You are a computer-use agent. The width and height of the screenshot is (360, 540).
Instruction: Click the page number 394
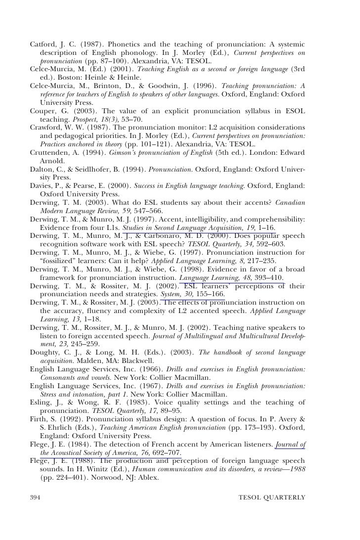(x=36, y=496)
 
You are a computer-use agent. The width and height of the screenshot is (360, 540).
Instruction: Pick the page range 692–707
(x=166, y=452)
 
